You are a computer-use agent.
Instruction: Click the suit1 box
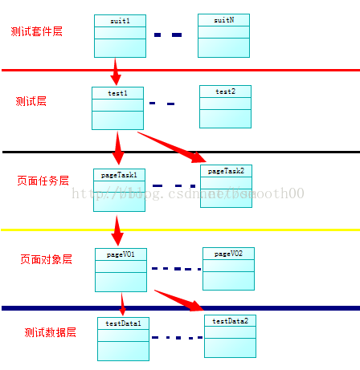[x=120, y=36]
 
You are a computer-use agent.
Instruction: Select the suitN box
[x=224, y=35]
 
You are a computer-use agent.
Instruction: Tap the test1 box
[x=117, y=108]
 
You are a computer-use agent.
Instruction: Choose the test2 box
[x=225, y=107]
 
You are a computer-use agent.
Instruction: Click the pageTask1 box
[x=119, y=189]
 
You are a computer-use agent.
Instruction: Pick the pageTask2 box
[x=227, y=186]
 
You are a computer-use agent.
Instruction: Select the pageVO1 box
[x=121, y=270]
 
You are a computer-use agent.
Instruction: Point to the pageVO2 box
[x=228, y=269]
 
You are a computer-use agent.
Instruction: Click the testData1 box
[x=124, y=339]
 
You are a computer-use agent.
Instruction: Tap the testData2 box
[x=230, y=335]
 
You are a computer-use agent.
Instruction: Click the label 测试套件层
[x=37, y=32]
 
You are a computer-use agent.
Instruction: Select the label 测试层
[x=31, y=101]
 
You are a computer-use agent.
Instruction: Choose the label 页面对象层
[x=46, y=259]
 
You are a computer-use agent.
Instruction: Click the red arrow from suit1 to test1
[x=116, y=71]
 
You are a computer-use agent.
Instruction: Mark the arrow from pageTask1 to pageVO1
[x=118, y=229]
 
